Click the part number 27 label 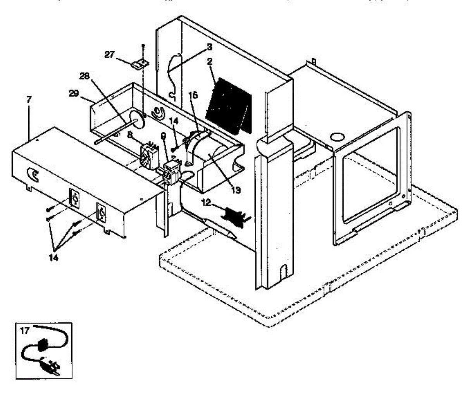[109, 54]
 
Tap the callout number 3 [209, 47]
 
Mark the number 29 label [84, 93]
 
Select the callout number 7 [29, 100]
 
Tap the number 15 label [193, 95]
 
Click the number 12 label [206, 202]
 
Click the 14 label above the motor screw [174, 121]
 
